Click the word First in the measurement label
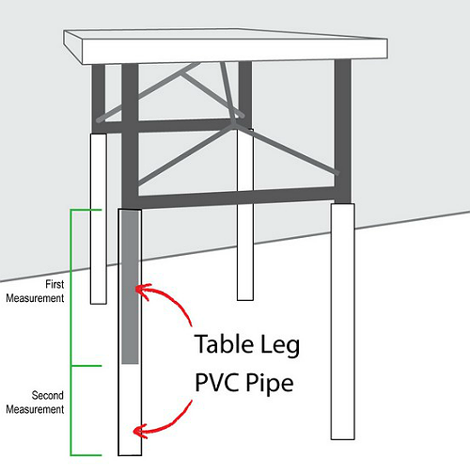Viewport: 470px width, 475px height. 55,284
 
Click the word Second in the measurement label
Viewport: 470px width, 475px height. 48,395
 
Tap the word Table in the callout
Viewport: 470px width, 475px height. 224,344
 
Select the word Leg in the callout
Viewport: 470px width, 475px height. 280,346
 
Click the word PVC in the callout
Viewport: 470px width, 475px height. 217,382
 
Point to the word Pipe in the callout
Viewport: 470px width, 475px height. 270,385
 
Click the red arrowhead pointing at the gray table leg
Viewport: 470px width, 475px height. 142,290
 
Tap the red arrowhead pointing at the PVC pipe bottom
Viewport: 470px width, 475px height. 140,431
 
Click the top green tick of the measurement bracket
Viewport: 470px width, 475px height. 86,210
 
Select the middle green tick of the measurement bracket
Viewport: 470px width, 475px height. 86,366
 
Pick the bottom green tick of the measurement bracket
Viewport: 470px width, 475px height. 86,454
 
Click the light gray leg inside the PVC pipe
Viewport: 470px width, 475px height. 130,287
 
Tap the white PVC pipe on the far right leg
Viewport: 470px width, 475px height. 343,322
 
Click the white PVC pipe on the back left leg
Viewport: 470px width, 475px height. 99,218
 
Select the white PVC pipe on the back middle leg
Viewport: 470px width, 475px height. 245,214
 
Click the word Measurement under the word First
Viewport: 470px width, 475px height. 35,298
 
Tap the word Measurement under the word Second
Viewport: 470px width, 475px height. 35,409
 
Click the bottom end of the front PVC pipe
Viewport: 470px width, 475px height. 130,454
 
